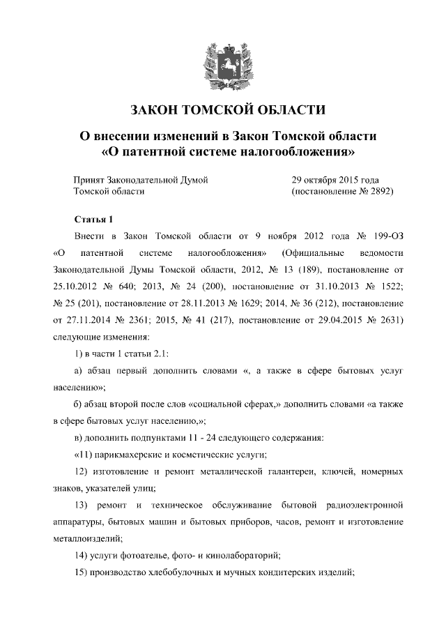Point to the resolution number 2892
tap(380, 191)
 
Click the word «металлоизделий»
tap(86, 538)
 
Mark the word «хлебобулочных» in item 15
tap(200, 572)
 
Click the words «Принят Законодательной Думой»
tap(141, 180)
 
